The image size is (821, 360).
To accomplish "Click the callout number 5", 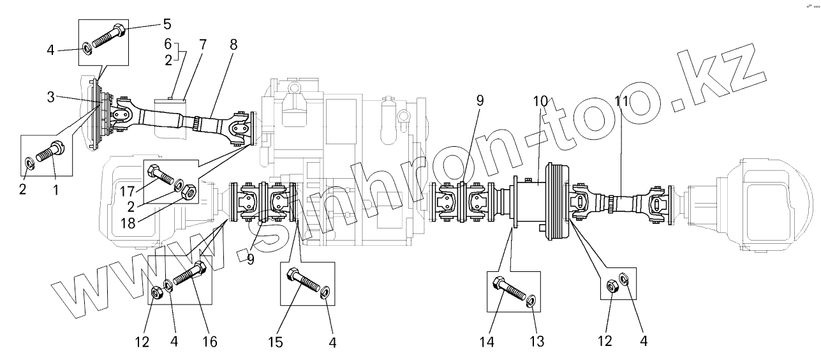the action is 167,25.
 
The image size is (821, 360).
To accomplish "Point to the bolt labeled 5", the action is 109,36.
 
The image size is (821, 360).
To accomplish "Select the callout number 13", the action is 538,341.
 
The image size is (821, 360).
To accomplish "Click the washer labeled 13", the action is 531,299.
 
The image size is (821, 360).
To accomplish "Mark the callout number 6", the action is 168,45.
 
